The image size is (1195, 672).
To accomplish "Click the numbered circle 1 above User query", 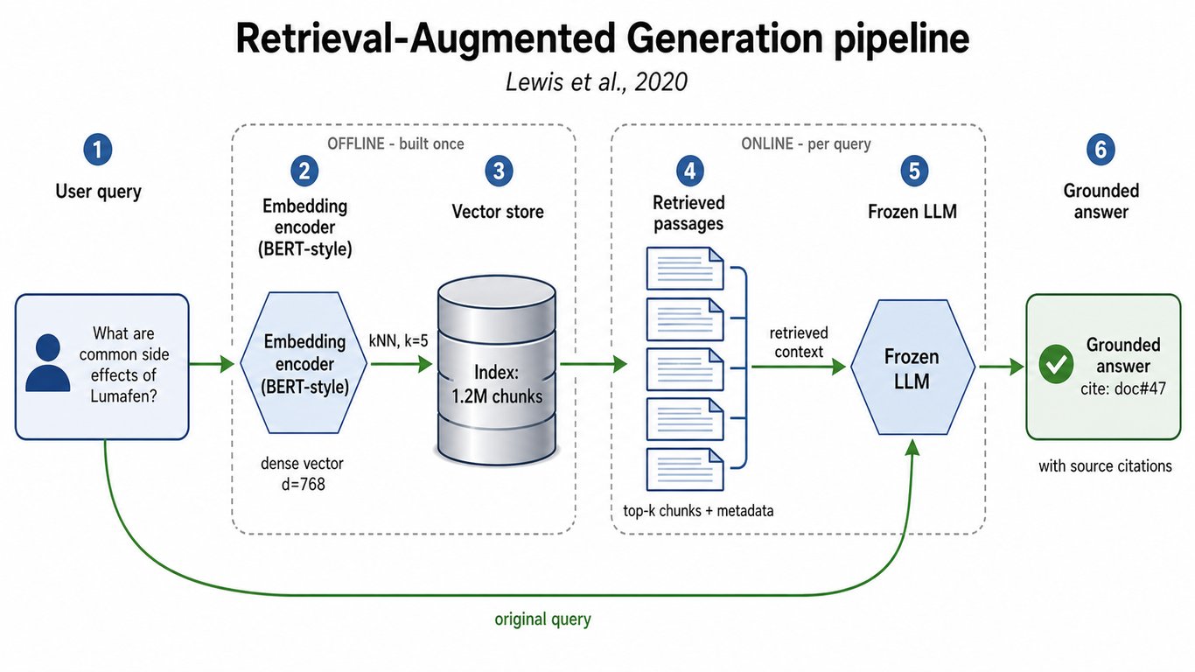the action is (98, 150).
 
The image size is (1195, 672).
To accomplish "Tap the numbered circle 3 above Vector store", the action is (499, 171).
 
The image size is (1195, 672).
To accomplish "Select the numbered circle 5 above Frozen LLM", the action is (914, 171).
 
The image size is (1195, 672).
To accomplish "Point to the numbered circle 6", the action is (1101, 150).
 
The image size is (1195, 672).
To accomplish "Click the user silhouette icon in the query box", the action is (48, 363).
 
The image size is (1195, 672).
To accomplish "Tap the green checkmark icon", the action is (1056, 363).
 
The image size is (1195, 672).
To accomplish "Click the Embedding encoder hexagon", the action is (304, 363).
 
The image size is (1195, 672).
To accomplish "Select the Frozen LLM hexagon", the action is (912, 367).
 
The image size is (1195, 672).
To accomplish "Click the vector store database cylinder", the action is (497, 370).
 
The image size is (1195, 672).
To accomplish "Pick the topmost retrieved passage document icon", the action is (685, 269).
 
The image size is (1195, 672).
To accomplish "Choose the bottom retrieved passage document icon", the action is (685, 470).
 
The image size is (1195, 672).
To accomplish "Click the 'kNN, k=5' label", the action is (399, 340).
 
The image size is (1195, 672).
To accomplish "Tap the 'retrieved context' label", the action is (799, 342).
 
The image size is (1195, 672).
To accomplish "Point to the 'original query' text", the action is (542, 619).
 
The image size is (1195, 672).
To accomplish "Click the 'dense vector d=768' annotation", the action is (302, 473).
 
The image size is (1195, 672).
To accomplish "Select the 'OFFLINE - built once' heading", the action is (395, 143).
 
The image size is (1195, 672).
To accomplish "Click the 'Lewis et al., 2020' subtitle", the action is (597, 82).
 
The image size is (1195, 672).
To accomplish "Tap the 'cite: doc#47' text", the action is (1123, 388).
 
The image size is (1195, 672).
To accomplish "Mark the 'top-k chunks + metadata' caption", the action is (698, 511).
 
